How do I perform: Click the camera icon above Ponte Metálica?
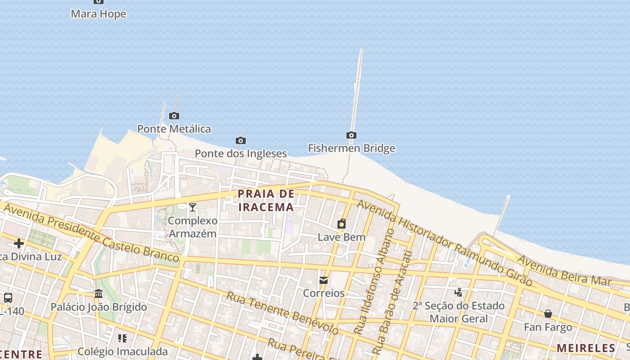point(174,116)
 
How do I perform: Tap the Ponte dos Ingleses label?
point(240,153)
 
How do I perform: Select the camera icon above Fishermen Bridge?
point(351,135)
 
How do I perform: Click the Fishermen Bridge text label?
point(351,148)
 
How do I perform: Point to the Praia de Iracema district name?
point(266,200)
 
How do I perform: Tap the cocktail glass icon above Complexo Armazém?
point(193,207)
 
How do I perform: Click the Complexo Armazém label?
point(193,227)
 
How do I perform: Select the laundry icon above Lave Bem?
point(342,224)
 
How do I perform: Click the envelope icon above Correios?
point(324,280)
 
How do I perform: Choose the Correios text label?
point(324,293)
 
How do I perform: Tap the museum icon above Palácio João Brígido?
point(99,294)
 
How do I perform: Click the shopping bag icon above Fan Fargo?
point(548,314)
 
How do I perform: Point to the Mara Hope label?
point(99,14)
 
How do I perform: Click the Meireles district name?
point(586,348)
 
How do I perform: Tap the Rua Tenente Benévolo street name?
point(282,313)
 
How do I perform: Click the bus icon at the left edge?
point(8,297)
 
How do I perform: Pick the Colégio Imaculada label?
point(122,351)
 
